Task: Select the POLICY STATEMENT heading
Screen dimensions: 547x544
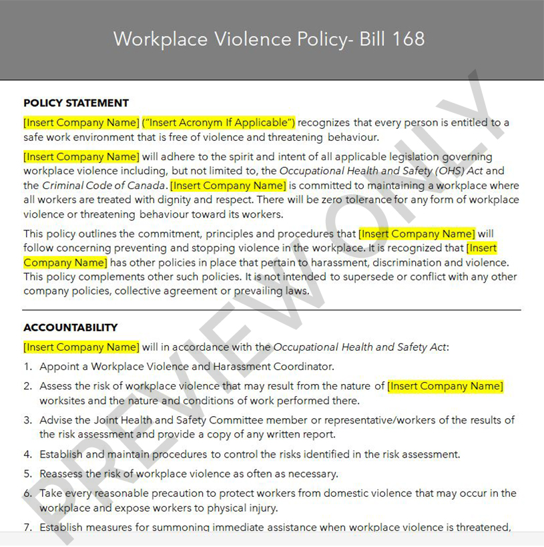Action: [x=76, y=103]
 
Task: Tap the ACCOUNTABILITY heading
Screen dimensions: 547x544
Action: [x=70, y=327]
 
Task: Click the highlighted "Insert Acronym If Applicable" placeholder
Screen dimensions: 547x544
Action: [x=218, y=122]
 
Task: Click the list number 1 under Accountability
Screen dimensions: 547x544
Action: [x=27, y=367]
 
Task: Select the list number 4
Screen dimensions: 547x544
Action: [x=27, y=454]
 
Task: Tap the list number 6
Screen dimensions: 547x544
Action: [x=27, y=494]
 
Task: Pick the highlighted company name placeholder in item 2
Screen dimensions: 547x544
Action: [x=445, y=386]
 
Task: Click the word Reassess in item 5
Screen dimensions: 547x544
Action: [x=63, y=474]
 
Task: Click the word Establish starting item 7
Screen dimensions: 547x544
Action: [x=61, y=527]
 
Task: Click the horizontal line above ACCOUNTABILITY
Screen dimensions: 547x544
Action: [x=272, y=311]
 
